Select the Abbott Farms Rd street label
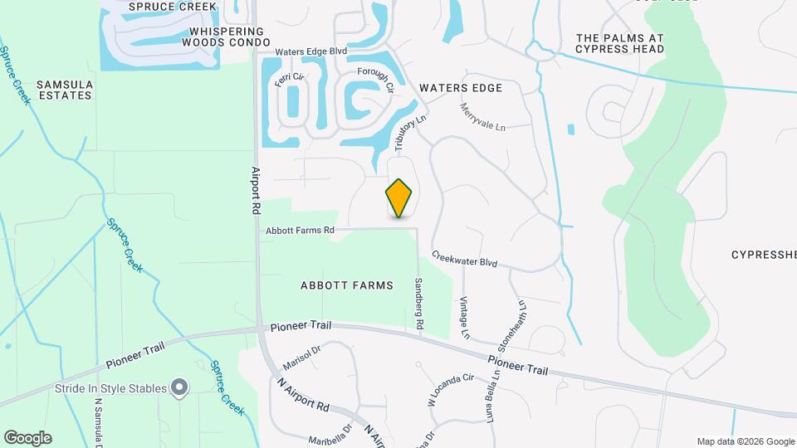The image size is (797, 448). (300, 230)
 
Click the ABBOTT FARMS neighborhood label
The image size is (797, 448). (346, 285)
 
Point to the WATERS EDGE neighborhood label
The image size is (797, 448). (461, 88)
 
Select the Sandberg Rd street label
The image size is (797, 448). (419, 305)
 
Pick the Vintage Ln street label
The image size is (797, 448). (465, 319)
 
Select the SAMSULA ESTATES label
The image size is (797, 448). (64, 90)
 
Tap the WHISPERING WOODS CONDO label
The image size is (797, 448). (230, 37)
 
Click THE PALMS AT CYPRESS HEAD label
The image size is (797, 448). (620, 43)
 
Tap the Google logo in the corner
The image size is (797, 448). (27, 438)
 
